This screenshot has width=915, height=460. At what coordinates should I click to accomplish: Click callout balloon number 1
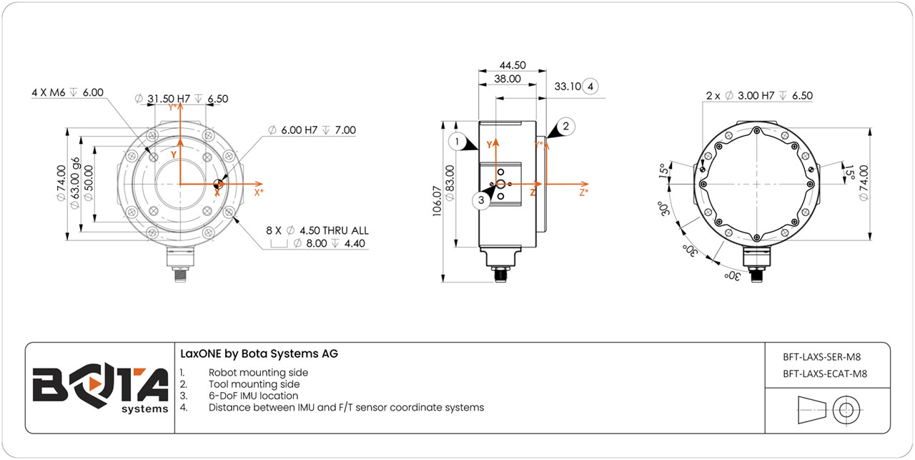pos(457,142)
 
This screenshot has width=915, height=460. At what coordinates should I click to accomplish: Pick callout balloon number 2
pos(565,127)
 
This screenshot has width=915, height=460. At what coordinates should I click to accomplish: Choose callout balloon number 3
pos(481,200)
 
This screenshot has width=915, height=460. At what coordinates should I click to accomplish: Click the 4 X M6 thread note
pos(68,93)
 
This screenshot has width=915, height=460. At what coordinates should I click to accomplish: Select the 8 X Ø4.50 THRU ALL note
pos(317,230)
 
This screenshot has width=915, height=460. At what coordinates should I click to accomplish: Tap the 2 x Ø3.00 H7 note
pos(759,96)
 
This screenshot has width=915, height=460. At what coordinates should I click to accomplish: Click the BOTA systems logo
pos(100,388)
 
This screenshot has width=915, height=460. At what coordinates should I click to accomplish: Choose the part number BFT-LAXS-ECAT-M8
pos(826,373)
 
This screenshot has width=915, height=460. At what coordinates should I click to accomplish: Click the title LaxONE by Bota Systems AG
pos(259,354)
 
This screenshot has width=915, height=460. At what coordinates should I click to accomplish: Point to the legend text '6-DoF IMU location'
pos(253,396)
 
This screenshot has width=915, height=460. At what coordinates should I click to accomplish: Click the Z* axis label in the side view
pos(584,192)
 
